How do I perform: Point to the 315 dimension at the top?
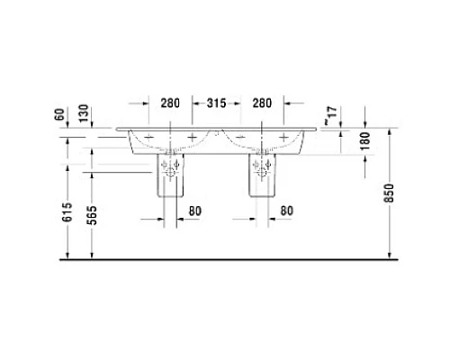click(x=214, y=103)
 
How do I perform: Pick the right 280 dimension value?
click(x=263, y=103)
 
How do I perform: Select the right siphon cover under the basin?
click(x=263, y=176)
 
